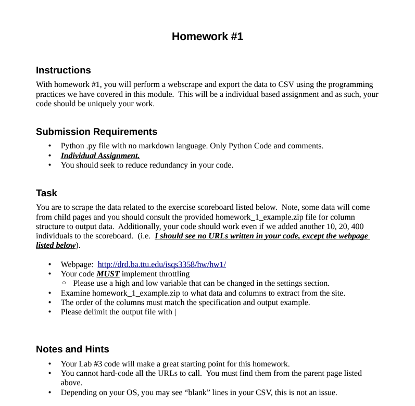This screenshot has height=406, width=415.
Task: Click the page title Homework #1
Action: pyautogui.click(x=207, y=36)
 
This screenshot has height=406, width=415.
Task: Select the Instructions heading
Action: pyautogui.click(x=63, y=70)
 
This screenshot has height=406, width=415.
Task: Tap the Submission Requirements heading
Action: pyautogui.click(x=96, y=132)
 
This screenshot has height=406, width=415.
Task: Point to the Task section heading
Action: pyautogui.click(x=46, y=193)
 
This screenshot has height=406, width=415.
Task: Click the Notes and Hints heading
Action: pyautogui.click(x=72, y=349)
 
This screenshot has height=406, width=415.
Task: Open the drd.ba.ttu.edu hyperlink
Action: pyautogui.click(x=161, y=264)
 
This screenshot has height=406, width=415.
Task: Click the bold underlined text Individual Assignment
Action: pyautogui.click(x=100, y=156)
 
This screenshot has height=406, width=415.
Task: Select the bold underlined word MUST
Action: pyautogui.click(x=108, y=274)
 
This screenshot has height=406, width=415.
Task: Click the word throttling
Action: pyautogui.click(x=172, y=274)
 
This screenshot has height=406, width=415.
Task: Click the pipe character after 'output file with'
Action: pyautogui.click(x=175, y=312)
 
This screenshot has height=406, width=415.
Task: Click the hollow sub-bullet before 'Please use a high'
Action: pyautogui.click(x=64, y=284)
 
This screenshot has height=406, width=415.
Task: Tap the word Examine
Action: pyautogui.click(x=76, y=293)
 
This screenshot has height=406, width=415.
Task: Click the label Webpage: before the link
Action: pyautogui.click(x=77, y=264)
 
